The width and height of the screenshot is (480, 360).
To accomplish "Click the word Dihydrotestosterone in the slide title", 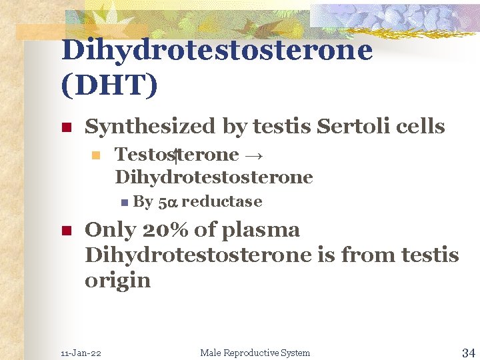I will coord(217,51).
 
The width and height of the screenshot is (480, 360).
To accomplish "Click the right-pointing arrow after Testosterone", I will coord(253,155).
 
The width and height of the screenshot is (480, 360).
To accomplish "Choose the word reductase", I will coord(221,202).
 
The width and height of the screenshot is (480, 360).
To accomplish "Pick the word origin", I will coord(117,281).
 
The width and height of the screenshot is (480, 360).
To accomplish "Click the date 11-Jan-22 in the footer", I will coord(81,353).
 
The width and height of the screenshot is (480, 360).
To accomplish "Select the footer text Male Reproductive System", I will coord(255,353).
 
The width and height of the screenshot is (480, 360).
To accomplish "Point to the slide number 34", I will coord(468,352).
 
